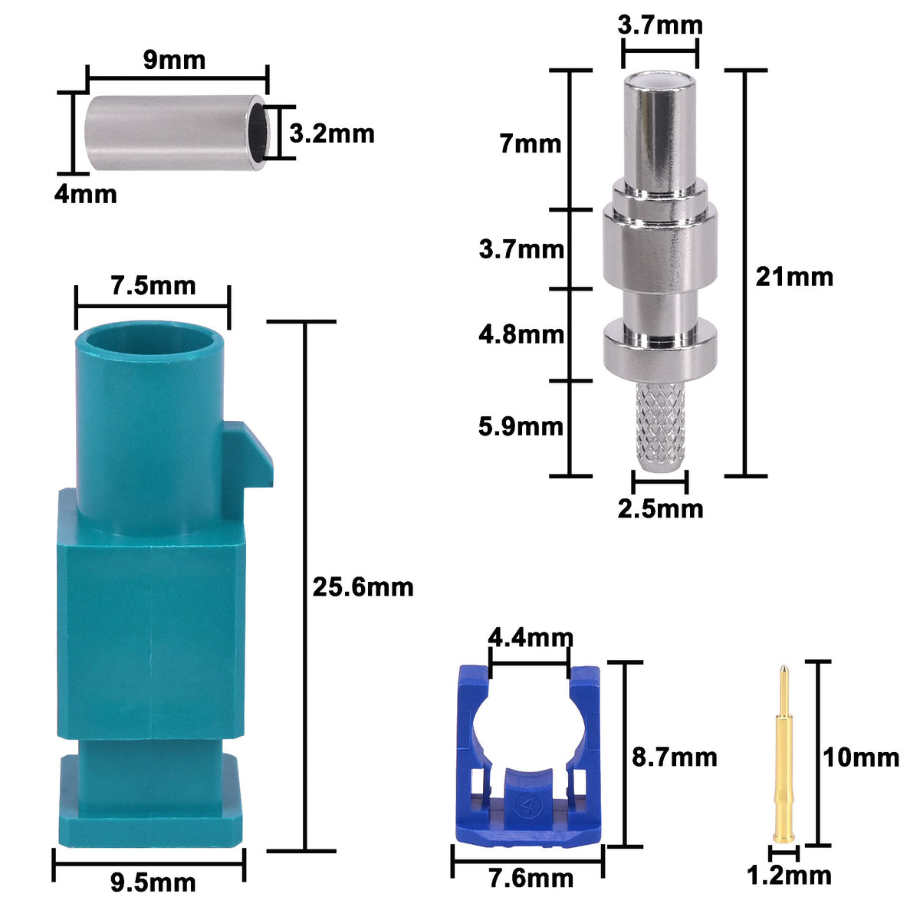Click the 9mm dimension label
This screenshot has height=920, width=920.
click(174, 59)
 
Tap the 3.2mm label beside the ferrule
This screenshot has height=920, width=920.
click(332, 133)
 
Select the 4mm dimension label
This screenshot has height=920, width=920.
click(85, 194)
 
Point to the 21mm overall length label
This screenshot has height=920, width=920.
click(793, 276)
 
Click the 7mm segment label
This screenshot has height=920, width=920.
click(530, 143)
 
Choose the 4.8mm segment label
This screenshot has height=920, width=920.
click(521, 334)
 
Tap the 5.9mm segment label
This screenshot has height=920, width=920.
click(521, 426)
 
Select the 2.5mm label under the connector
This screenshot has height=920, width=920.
click(660, 508)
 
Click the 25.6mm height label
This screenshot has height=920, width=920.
click(363, 587)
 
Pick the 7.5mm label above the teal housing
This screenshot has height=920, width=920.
click(153, 286)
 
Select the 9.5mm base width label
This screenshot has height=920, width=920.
click(153, 882)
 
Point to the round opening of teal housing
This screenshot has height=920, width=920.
click(151, 339)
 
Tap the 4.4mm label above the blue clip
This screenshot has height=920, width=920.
click(531, 637)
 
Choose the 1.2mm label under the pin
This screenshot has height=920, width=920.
click(789, 875)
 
